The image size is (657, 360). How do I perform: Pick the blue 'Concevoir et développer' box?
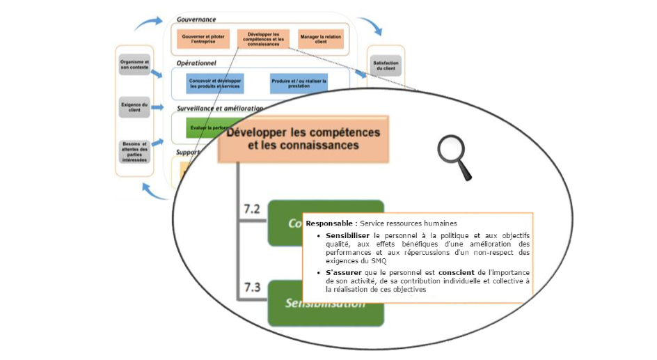coord(215,84)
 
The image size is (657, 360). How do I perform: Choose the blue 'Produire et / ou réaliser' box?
coord(299,84)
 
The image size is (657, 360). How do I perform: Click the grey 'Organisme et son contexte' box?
coord(134,65)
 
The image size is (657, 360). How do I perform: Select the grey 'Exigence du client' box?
coord(134,107)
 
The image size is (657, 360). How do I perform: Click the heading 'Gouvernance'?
coord(196,19)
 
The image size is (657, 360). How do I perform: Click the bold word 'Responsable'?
coord(330,224)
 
